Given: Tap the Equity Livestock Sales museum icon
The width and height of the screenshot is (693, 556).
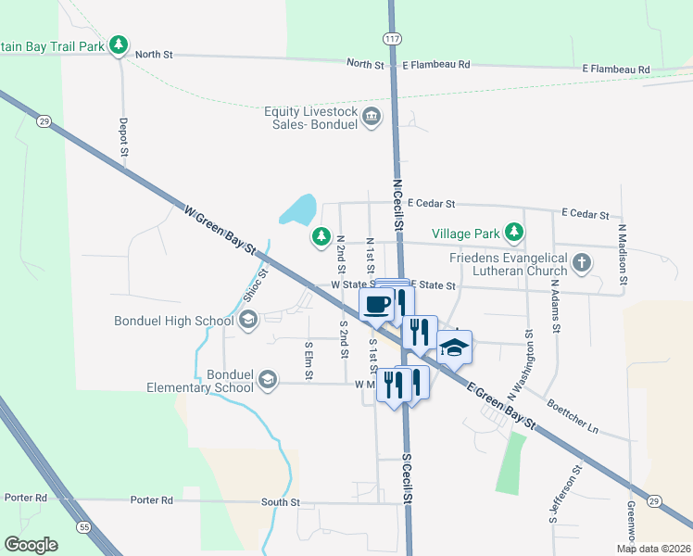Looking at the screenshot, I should click(x=372, y=117).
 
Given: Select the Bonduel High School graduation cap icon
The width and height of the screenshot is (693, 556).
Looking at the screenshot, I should click(x=247, y=321).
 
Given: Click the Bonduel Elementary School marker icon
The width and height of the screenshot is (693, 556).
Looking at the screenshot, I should click(x=267, y=379).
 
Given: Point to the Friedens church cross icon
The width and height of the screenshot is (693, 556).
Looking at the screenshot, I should click(x=581, y=262).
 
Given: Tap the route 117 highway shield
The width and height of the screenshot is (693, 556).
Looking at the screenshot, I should click(x=393, y=36).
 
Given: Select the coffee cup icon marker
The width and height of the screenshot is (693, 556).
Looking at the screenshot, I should click(x=376, y=304).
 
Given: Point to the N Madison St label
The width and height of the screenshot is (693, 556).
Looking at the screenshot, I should click(x=623, y=254).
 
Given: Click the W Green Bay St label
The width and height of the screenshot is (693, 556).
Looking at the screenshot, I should click(x=220, y=226).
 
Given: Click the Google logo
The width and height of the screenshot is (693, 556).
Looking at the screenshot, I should click(x=31, y=545).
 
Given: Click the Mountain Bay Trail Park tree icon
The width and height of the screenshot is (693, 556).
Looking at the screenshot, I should click(x=118, y=44).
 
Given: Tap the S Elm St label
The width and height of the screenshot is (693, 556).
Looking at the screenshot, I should click(x=309, y=360).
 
